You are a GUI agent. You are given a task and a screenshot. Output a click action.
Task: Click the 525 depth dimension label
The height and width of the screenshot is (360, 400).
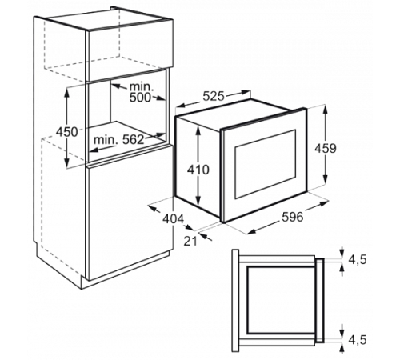click(214, 96)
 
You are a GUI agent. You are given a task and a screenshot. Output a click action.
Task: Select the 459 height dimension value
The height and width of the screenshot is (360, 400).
click(326, 148)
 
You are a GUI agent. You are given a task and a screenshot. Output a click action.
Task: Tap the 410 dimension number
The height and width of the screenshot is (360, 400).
click(198, 170)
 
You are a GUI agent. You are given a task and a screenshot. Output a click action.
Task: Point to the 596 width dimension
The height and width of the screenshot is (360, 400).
click(293, 217)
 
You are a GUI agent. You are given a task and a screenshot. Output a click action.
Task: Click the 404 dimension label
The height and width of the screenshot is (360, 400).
click(174, 219)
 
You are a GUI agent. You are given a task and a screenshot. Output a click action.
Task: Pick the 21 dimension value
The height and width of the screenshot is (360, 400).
click(190, 241)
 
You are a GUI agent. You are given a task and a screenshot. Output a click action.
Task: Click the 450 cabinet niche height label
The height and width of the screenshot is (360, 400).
click(67, 132)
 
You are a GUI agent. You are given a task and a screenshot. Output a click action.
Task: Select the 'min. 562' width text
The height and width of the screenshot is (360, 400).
click(119, 140)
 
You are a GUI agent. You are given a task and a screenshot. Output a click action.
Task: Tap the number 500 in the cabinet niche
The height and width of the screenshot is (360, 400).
click(140, 98)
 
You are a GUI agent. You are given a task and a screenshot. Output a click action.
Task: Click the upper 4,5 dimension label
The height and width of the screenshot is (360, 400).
click(358, 260)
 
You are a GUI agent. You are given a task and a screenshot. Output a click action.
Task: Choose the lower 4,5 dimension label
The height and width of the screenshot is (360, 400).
click(358, 340)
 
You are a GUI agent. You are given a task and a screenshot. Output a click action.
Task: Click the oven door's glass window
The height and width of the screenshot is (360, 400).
click(265, 164)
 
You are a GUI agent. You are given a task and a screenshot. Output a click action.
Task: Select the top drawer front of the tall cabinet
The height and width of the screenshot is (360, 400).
click(130, 50)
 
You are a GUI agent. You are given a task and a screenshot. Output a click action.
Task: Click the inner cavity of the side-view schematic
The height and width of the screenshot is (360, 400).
click(281, 300)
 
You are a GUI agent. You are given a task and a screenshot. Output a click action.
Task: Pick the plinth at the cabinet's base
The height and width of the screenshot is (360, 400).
click(126, 270)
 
